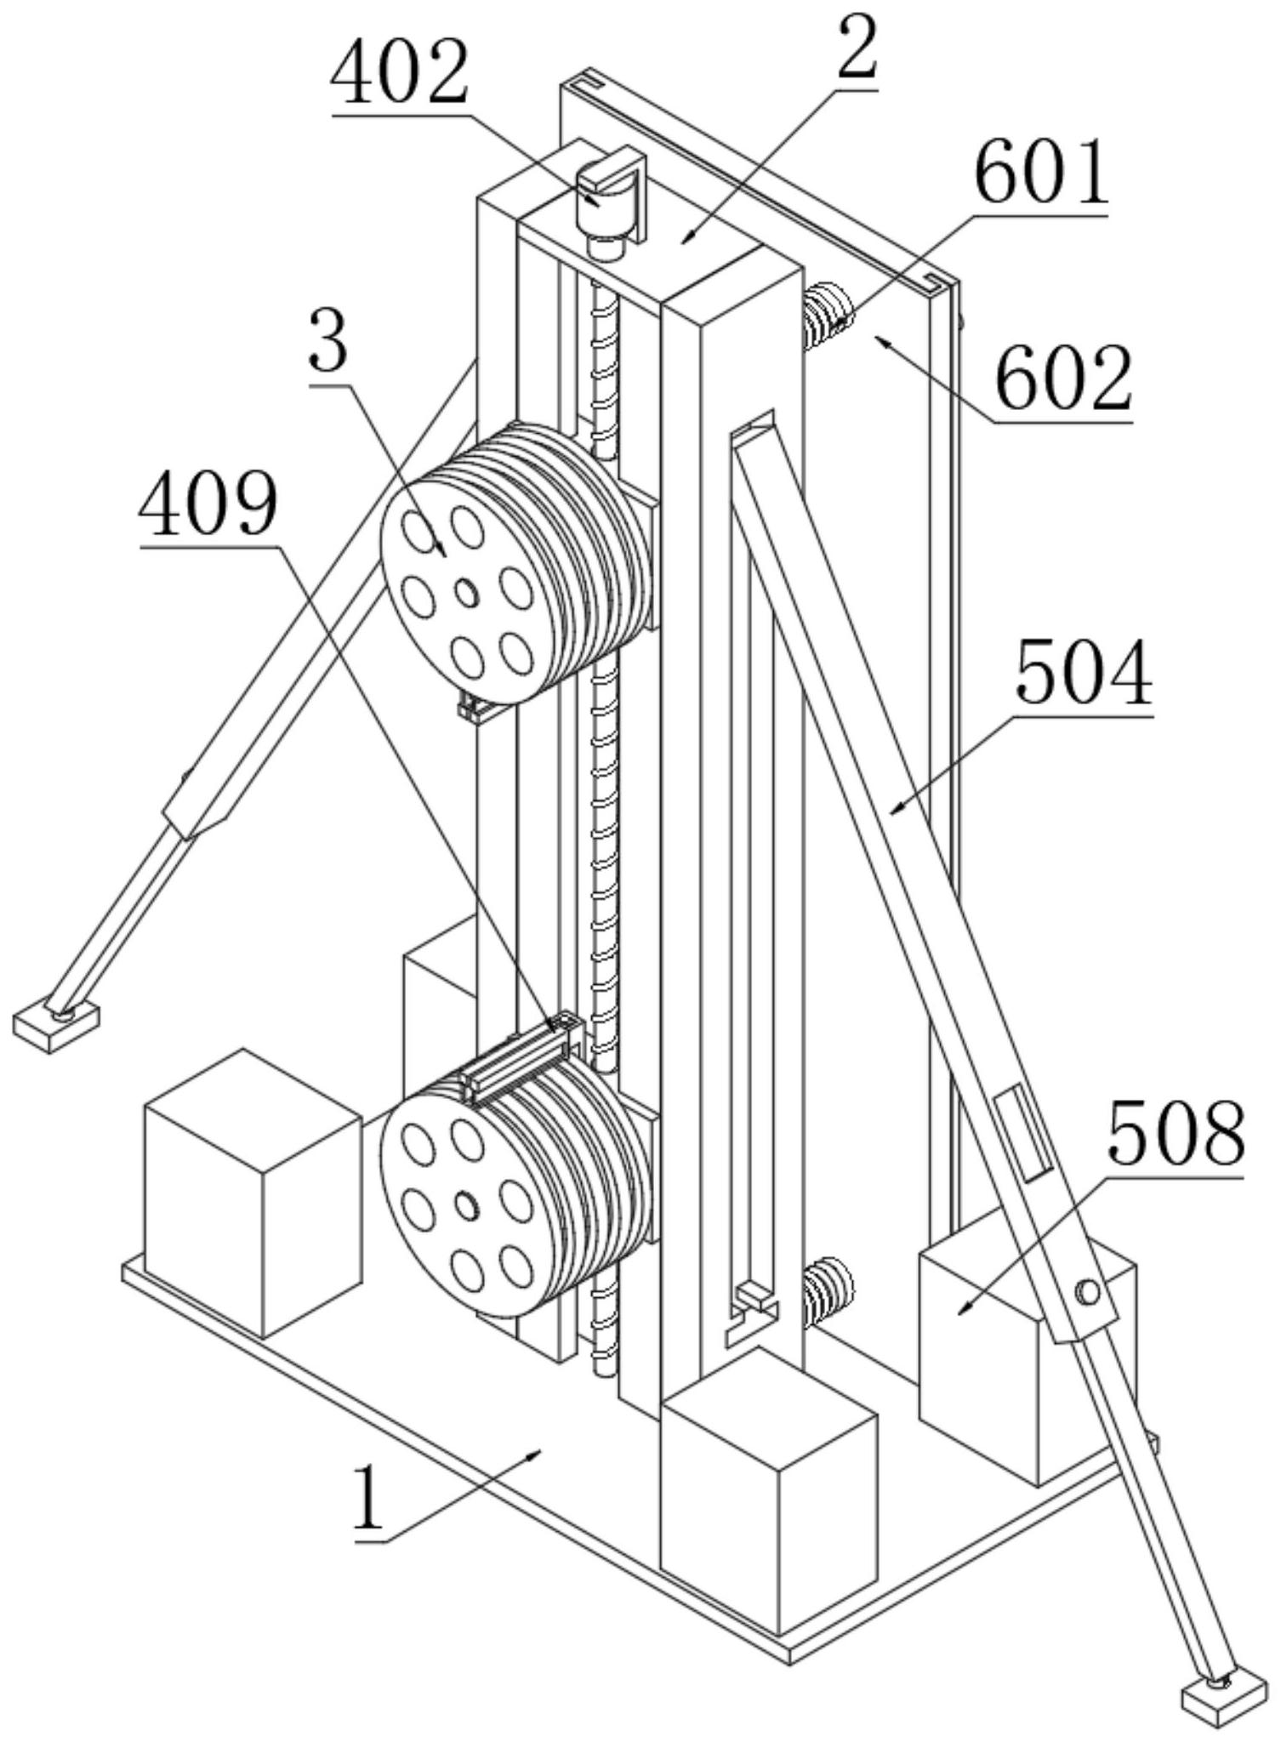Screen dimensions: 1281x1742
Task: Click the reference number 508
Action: [1176, 1133]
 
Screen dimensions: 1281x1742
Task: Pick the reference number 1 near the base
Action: [368, 1500]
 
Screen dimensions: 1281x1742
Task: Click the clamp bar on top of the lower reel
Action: [521, 1060]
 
